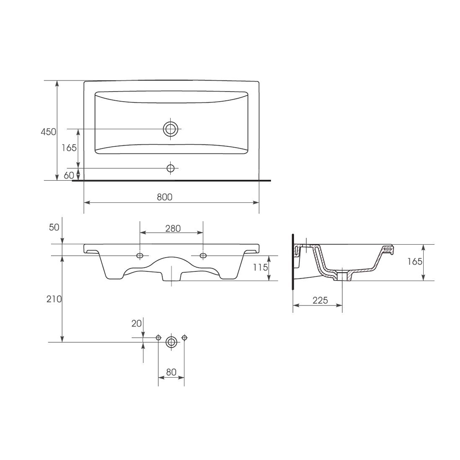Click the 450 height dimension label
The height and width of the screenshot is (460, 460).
click(x=48, y=132)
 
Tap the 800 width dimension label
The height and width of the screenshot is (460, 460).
click(x=165, y=197)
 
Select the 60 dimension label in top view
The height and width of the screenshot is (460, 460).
click(x=69, y=175)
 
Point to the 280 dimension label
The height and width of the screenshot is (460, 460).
click(x=173, y=228)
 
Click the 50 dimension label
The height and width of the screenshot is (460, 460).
click(x=54, y=227)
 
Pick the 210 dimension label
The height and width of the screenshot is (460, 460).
click(x=54, y=299)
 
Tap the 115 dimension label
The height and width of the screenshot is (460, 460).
click(x=260, y=267)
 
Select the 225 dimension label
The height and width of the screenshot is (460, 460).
click(x=320, y=300)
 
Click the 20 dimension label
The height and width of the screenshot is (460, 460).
click(x=137, y=323)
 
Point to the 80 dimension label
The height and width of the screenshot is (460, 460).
click(x=171, y=372)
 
